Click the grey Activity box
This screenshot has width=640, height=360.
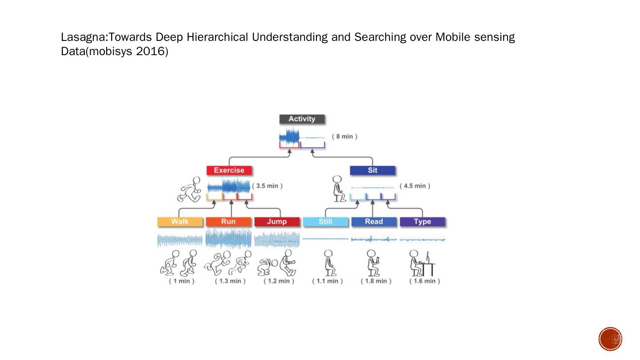pyautogui.click(x=302, y=119)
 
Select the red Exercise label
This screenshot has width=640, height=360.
pyautogui.click(x=229, y=170)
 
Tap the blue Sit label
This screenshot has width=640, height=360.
pyautogui.click(x=372, y=170)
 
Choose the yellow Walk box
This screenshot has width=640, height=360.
pyautogui.click(x=180, y=221)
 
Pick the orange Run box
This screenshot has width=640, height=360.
pyautogui.click(x=228, y=221)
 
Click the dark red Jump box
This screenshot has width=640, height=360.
pyautogui.click(x=276, y=221)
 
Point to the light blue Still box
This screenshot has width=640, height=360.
pyautogui.click(x=325, y=221)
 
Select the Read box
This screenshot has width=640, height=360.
pyautogui.click(x=374, y=221)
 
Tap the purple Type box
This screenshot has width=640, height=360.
pyautogui.click(x=422, y=221)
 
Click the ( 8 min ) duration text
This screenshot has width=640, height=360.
pyautogui.click(x=344, y=136)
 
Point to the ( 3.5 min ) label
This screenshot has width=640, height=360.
pyautogui.click(x=268, y=186)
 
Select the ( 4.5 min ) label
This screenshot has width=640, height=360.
pyautogui.click(x=415, y=186)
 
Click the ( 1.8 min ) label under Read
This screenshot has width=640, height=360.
pyautogui.click(x=376, y=281)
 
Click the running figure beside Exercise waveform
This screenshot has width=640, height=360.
pyautogui.click(x=190, y=189)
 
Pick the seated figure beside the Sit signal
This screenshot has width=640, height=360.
pyautogui.click(x=339, y=189)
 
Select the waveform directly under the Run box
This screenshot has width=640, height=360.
pyautogui.click(x=228, y=239)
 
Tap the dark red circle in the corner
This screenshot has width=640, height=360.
pyautogui.click(x=610, y=339)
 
